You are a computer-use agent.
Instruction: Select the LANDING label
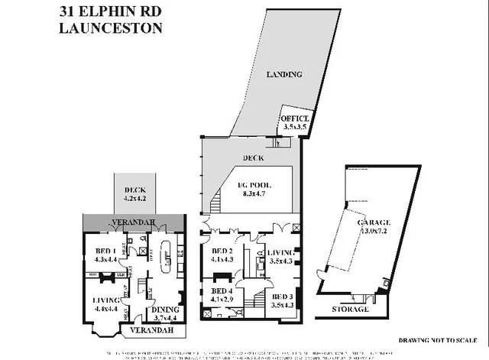[284, 74]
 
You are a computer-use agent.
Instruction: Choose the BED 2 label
[222, 252]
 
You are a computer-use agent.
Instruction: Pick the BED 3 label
[281, 296]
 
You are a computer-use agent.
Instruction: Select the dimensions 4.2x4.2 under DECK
[134, 199]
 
